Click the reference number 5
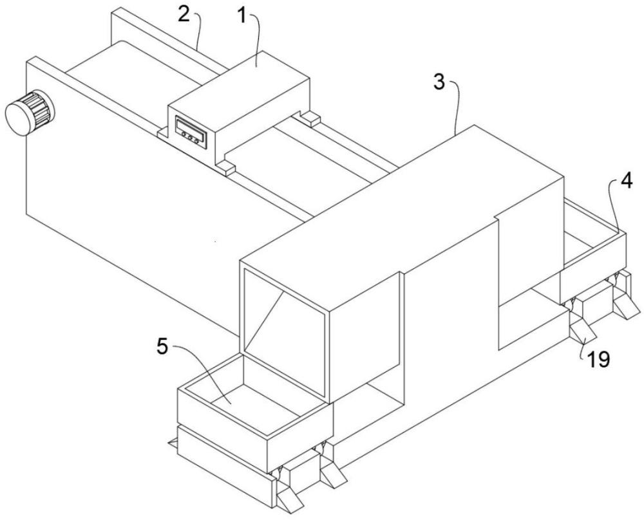(162, 348)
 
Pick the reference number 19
(599, 359)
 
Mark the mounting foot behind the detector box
(310, 118)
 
